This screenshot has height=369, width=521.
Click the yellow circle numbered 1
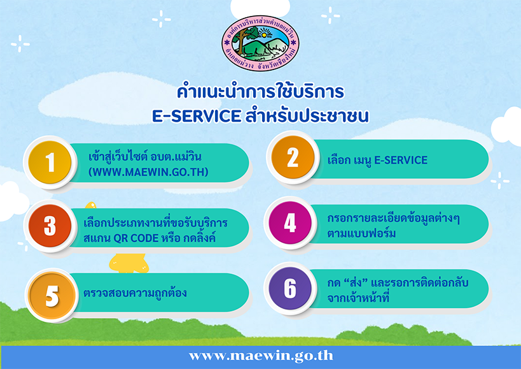(x=50, y=163)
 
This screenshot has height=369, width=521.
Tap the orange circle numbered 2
(x=293, y=157)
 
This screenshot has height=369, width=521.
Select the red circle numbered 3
(x=50, y=226)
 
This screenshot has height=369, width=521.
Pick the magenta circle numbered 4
(x=290, y=222)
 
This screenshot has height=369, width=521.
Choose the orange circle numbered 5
(x=52, y=296)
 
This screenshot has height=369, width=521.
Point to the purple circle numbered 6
(x=290, y=288)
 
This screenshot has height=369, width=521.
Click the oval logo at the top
(x=261, y=43)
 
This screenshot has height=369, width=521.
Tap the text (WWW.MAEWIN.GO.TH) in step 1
(x=148, y=172)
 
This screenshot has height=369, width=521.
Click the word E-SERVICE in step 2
(x=401, y=160)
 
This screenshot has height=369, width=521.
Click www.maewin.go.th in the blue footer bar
(x=261, y=356)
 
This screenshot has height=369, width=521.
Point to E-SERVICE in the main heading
(x=197, y=116)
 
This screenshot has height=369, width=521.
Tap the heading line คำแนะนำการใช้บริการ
(x=261, y=92)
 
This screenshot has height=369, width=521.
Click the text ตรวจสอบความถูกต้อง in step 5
(x=135, y=293)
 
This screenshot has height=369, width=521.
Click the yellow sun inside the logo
(x=265, y=34)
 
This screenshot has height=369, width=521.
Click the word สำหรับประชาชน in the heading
(x=307, y=116)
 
